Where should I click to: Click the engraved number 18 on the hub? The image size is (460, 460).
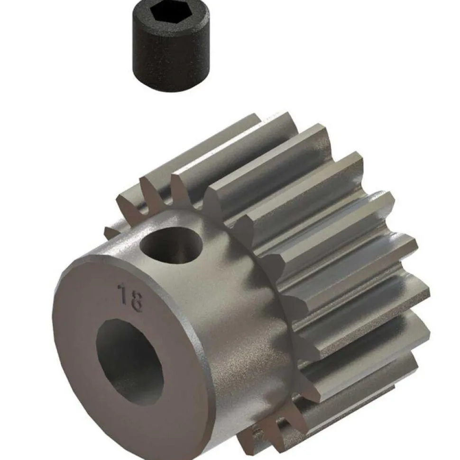coord(129,297)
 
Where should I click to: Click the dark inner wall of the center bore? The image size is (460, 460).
coord(114,351)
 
